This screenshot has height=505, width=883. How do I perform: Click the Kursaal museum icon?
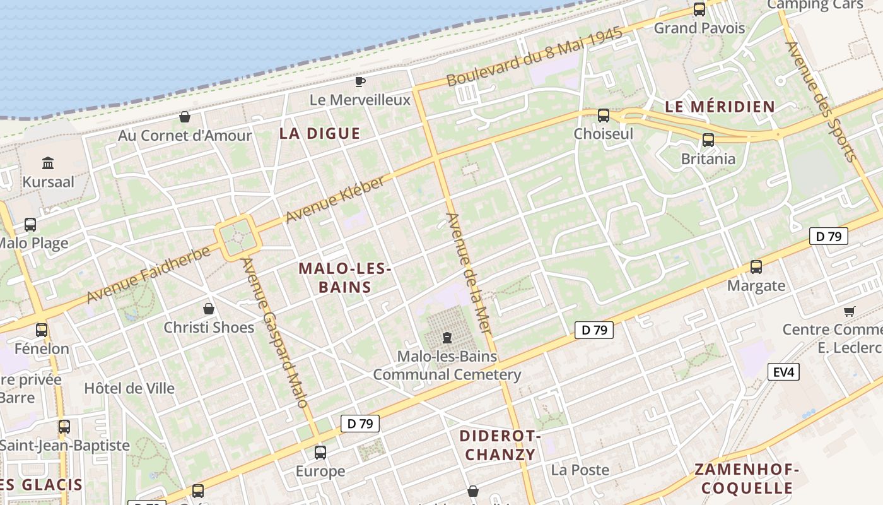coord(47,163)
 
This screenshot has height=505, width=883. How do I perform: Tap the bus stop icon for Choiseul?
coord(604,116)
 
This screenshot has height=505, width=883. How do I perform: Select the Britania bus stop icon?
coord(708,140)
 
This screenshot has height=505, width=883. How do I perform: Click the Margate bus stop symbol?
coord(756,267)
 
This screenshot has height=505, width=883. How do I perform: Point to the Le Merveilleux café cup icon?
coord(360,81)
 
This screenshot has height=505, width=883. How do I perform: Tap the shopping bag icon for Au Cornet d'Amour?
coord(185,117)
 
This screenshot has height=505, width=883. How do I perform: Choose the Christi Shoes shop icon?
coord(209,309)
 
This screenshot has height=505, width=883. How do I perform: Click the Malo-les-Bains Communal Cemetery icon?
coord(447,338)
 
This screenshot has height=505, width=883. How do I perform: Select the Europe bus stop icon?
coord(320,452)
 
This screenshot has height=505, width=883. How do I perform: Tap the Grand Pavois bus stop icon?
coord(699,9)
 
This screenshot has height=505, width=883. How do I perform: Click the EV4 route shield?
coord(783,372)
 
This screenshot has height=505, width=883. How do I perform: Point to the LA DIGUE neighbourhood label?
coord(320,133)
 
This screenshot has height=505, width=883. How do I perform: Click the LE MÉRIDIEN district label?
coord(720,107)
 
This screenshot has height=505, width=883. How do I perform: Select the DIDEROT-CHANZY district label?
coord(500,445)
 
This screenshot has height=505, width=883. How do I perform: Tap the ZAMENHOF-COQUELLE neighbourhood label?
coord(747,478)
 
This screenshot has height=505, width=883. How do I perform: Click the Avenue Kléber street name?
coord(334,200)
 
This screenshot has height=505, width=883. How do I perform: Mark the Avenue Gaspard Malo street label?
coord(274,331)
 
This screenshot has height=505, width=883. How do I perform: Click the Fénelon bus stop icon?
coord(42,330)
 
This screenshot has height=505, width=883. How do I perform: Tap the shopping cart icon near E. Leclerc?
coord(849,311)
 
